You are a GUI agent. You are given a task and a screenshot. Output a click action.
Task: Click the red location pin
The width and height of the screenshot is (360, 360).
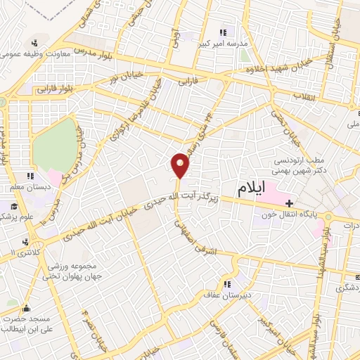(181, 165)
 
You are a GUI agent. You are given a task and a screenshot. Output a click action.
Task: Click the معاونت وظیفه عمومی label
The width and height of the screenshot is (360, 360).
(34, 53)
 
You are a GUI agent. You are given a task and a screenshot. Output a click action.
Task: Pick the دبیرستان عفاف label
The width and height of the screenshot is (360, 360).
(224, 296)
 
